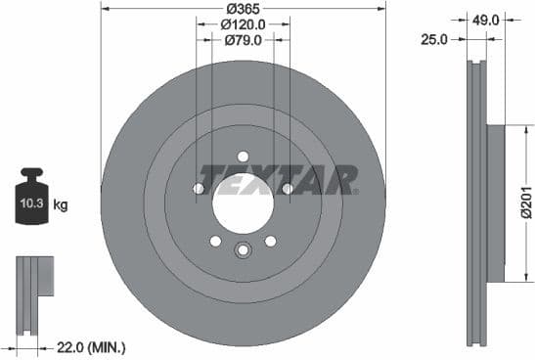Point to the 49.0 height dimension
pos(486,19)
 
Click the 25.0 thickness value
pos(434,40)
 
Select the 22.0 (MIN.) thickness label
pos(92,347)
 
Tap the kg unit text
pos(61,205)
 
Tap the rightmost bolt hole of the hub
pos(288,189)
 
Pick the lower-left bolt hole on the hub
pos(215,241)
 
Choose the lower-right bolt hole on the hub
pos(271,241)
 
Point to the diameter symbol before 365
pos(227,8)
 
